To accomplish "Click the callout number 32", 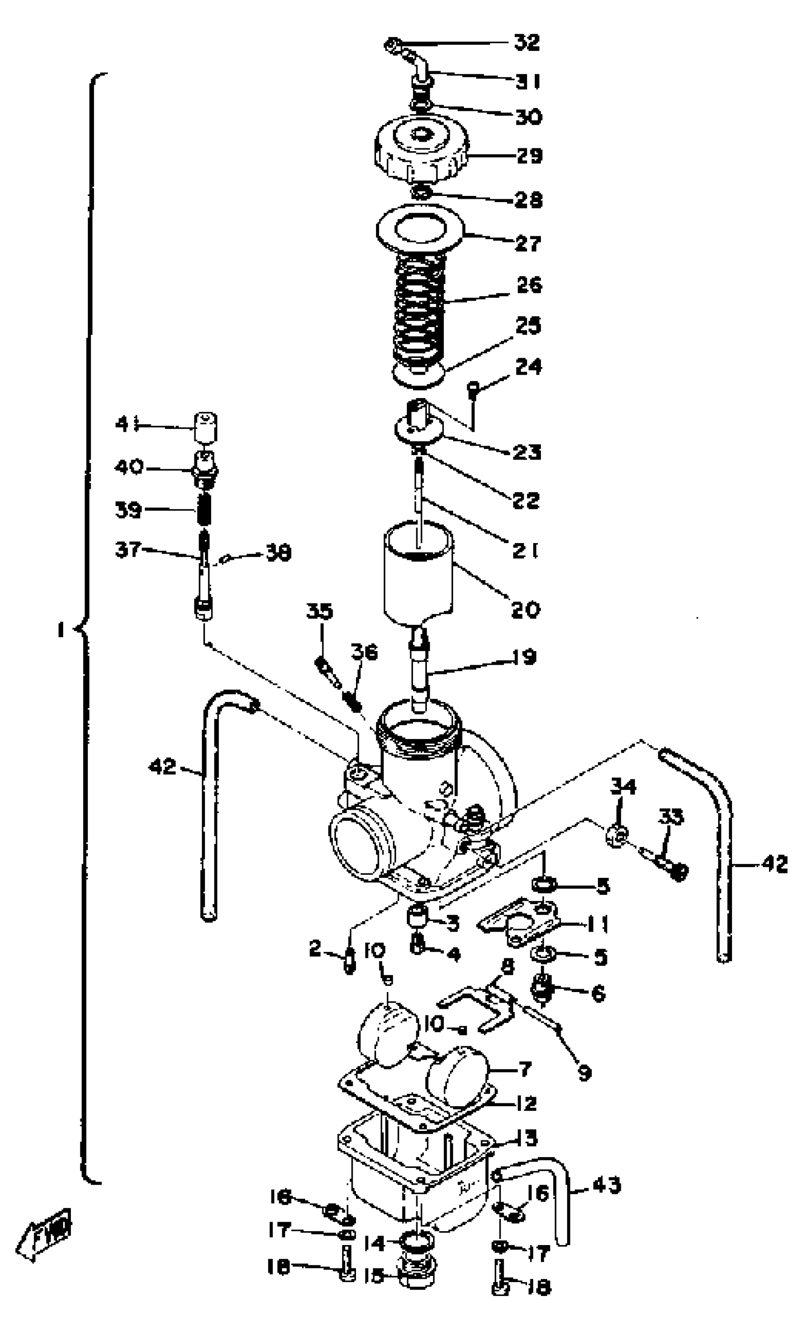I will pyautogui.click(x=527, y=43).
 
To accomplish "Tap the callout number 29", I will pyautogui.click(x=529, y=156).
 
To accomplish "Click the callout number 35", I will pyautogui.click(x=319, y=612).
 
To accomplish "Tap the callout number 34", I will pyautogui.click(x=623, y=787).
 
